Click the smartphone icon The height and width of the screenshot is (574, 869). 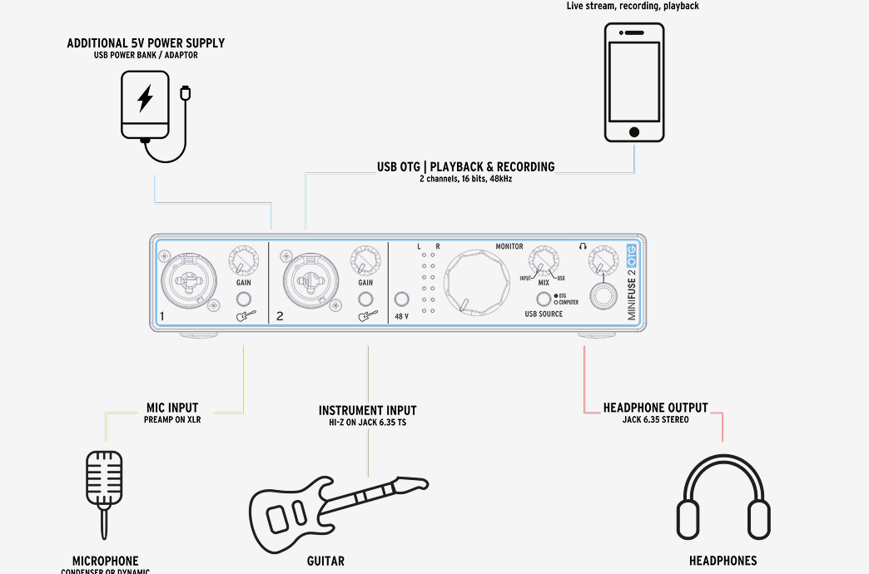pyautogui.click(x=634, y=82)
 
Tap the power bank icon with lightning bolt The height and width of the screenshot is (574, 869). pyautogui.click(x=146, y=104)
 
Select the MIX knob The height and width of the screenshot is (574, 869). pyautogui.click(x=543, y=260)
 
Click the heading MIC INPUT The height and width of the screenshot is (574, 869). pyautogui.click(x=172, y=408)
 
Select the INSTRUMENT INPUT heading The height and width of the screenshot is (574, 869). pyautogui.click(x=367, y=411)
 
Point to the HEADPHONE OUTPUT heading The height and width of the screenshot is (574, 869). pyautogui.click(x=656, y=408)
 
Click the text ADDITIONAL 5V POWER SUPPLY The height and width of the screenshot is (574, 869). pyautogui.click(x=146, y=43)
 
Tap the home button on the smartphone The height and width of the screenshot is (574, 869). pyautogui.click(x=634, y=132)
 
